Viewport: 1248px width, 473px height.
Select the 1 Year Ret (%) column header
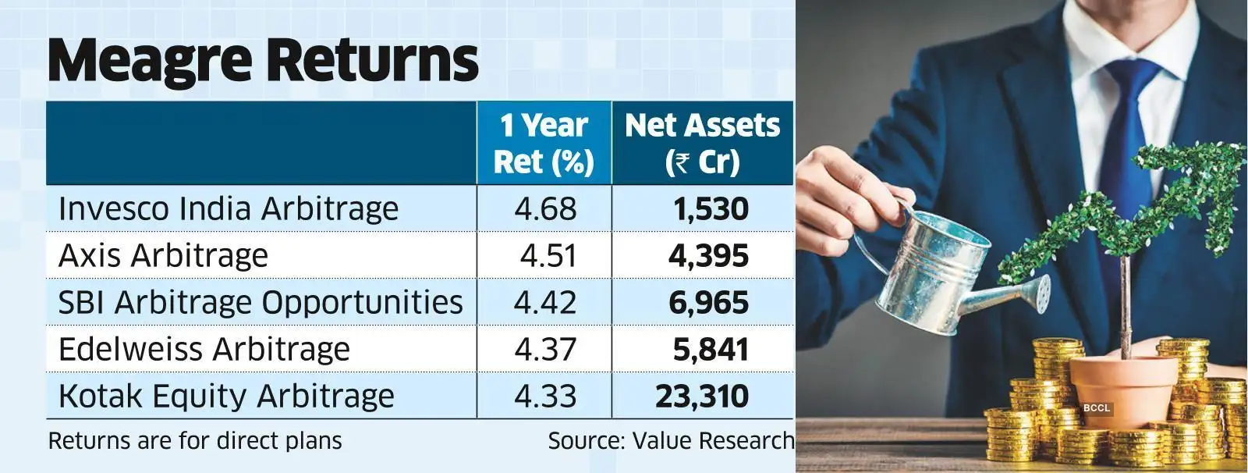click(x=544, y=144)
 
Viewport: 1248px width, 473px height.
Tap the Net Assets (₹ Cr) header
click(x=702, y=144)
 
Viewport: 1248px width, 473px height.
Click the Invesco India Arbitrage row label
click(x=229, y=209)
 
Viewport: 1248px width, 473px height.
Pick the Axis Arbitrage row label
click(x=163, y=256)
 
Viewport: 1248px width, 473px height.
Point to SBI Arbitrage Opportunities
click(x=261, y=303)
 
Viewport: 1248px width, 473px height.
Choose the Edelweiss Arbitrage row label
click(x=204, y=349)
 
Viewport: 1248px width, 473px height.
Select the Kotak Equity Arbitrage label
click(x=226, y=396)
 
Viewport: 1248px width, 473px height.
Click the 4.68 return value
click(x=545, y=209)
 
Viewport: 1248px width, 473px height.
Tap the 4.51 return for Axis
click(x=548, y=256)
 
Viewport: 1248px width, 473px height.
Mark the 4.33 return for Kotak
click(x=545, y=396)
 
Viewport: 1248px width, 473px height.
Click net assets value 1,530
click(x=710, y=209)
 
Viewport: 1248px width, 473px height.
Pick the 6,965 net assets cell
click(x=708, y=303)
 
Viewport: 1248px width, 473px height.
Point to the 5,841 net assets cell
click(x=710, y=349)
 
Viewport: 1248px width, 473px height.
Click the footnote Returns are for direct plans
click(x=195, y=441)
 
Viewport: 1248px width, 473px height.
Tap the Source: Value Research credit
click(x=671, y=441)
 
